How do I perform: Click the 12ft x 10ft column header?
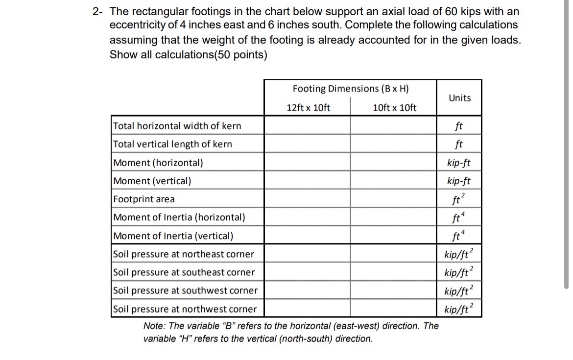pos(308,108)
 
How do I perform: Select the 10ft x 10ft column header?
pos(394,108)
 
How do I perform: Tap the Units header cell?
pos(459,98)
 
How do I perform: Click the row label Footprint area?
pos(144,199)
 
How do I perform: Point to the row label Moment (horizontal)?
pos(158,163)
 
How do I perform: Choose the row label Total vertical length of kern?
pos(172,144)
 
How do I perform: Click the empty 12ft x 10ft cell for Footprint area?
pos(308,199)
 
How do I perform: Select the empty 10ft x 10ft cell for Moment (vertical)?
pos(393,181)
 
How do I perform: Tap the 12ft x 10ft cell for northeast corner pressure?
pos(308,254)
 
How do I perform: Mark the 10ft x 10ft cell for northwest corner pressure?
pos(393,309)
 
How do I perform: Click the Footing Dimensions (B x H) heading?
pos(350,89)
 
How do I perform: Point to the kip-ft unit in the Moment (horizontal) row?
pos(459,163)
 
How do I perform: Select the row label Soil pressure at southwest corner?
pos(185,290)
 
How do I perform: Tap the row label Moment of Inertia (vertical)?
pos(173,236)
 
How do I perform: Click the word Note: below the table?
pos(154,326)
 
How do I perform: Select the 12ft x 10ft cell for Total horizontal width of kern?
pos(308,126)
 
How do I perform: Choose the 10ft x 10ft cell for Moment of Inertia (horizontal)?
pos(393,217)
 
